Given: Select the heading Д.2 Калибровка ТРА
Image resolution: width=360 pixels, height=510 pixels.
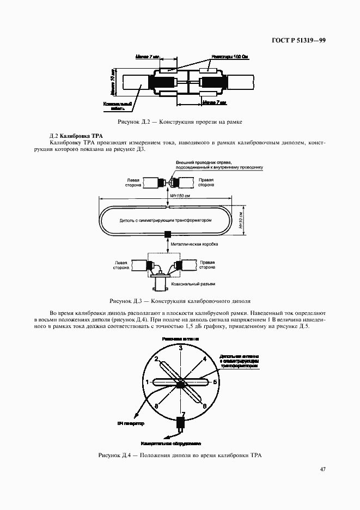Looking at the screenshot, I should click(76, 135).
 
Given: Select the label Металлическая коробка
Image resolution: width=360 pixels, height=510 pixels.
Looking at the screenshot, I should click(194, 244).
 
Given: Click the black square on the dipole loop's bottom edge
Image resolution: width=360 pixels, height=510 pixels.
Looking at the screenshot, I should click(168, 234).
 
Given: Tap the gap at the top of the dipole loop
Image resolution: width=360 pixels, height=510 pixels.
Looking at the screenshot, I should click(168, 207).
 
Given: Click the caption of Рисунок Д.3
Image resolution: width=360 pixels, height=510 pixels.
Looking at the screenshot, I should click(180, 301).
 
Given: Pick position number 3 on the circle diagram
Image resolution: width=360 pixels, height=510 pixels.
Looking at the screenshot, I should click(181, 347).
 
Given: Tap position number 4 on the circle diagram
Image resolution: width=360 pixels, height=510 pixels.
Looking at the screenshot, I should click(204, 359).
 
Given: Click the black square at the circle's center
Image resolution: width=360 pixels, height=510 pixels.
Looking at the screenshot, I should click(181, 385).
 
